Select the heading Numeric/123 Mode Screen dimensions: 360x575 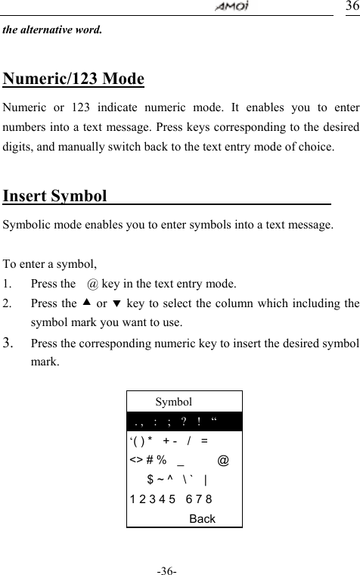74,79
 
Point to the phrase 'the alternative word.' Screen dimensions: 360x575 54,31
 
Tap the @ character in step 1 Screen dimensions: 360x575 92,284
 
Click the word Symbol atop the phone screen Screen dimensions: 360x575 173,402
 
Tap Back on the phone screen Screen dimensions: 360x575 202,518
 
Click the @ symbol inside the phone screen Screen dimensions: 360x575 224,460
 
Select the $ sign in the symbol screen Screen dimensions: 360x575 151,479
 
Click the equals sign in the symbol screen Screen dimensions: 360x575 206,440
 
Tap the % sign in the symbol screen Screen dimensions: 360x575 162,460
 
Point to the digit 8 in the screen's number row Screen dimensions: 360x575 208,499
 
